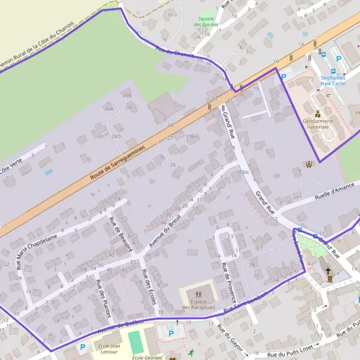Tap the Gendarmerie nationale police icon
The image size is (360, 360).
(317, 113)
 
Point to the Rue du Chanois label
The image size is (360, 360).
(174, 53)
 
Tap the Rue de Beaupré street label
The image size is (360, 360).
(120, 235)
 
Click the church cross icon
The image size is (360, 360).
(328, 272)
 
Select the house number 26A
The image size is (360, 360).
(109, 109)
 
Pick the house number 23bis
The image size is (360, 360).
(192, 136)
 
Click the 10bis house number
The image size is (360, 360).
(243, 172)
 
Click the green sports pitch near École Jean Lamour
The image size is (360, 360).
(136, 343)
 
